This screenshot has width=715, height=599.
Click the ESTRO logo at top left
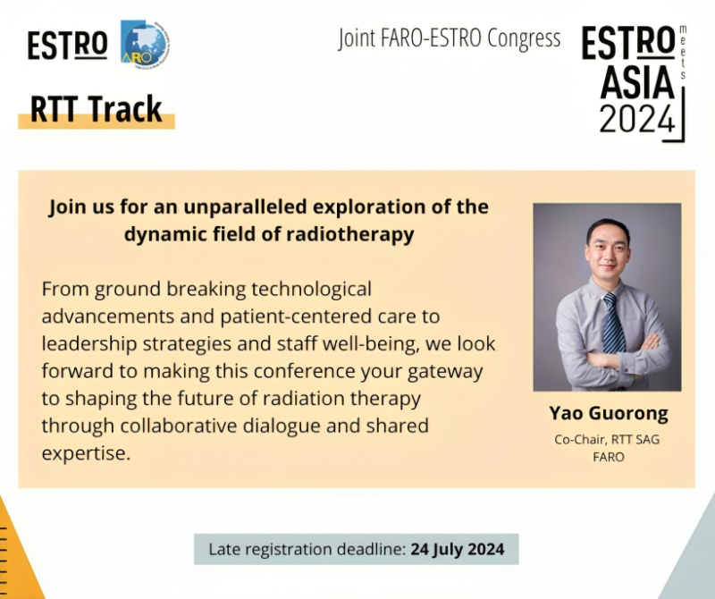(67, 45)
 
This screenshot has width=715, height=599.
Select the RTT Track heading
(97, 109)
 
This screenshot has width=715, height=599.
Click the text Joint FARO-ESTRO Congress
(449, 38)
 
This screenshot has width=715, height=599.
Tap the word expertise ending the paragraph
(86, 452)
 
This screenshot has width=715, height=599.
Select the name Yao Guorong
(607, 414)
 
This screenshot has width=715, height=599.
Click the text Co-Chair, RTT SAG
(607, 438)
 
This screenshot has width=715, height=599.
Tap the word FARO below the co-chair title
(607, 456)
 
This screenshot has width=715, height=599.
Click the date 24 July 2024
(457, 549)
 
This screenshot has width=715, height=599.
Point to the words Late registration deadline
(307, 549)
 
